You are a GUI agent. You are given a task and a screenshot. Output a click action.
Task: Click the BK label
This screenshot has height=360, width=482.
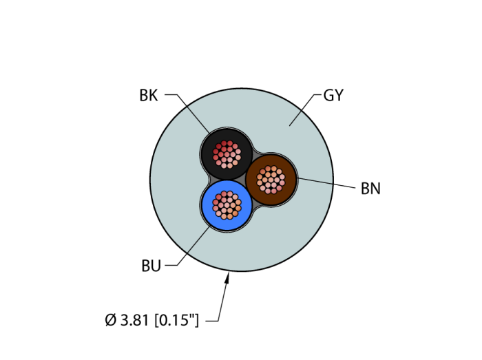pyautogui.click(x=149, y=96)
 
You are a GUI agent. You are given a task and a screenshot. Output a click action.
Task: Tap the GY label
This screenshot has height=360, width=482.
pyautogui.click(x=333, y=96)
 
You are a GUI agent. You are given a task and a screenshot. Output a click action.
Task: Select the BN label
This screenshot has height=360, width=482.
pyautogui.click(x=370, y=189)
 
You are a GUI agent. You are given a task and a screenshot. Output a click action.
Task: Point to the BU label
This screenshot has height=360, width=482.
pyautogui.click(x=151, y=266)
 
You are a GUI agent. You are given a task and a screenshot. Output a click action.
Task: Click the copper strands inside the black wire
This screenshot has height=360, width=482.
pyautogui.click(x=227, y=153)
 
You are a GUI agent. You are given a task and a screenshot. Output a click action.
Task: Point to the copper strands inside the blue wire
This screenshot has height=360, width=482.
pyautogui.click(x=227, y=204)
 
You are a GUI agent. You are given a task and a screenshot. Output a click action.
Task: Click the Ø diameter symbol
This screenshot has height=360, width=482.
pyautogui.click(x=111, y=320)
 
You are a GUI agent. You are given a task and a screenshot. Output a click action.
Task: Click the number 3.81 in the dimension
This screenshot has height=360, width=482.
pyautogui.click(x=135, y=320)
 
